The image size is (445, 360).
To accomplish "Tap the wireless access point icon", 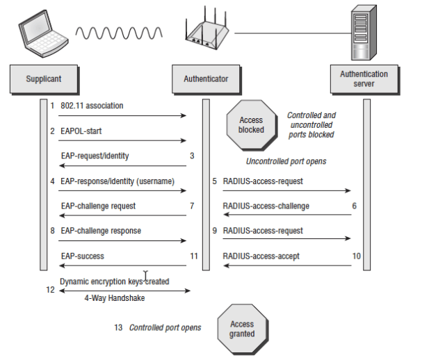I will pos(205,33).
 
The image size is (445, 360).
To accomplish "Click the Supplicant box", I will pos(44,79).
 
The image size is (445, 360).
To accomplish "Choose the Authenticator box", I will pos(206,79).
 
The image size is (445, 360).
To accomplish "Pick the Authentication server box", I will pos(364,79).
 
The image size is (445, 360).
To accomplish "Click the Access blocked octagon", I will pos(251,125).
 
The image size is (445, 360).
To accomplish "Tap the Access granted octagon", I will pos(242,329).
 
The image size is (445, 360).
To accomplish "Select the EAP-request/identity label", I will pos(94,156).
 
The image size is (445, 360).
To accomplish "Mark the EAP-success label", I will pos(82,256).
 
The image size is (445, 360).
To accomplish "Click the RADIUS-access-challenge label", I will pos(266,206).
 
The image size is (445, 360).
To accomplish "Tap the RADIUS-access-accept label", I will pos(261,256).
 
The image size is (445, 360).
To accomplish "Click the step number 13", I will pos(119,327).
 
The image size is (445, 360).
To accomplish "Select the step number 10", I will pos(356,256).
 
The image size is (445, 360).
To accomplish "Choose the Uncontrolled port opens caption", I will pos(286,161).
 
